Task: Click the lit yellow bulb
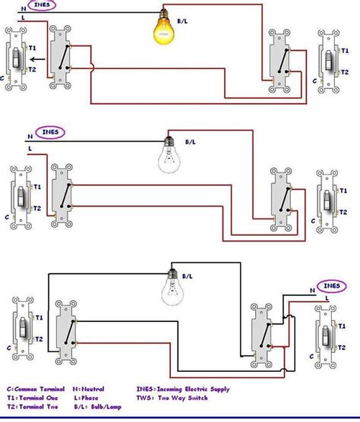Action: pyautogui.click(x=163, y=30)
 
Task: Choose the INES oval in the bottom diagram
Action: pyautogui.click(x=330, y=286)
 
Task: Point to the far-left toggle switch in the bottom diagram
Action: pyautogui.click(x=22, y=329)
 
